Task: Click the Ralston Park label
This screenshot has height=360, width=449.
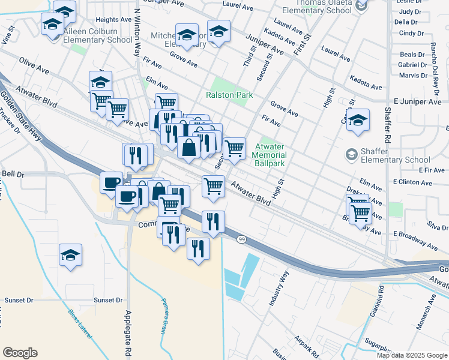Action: click(x=229, y=95)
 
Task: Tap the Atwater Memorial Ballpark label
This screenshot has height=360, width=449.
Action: click(x=271, y=151)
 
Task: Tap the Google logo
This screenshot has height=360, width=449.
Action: click(x=20, y=353)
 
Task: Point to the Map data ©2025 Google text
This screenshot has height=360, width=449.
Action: click(x=412, y=355)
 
